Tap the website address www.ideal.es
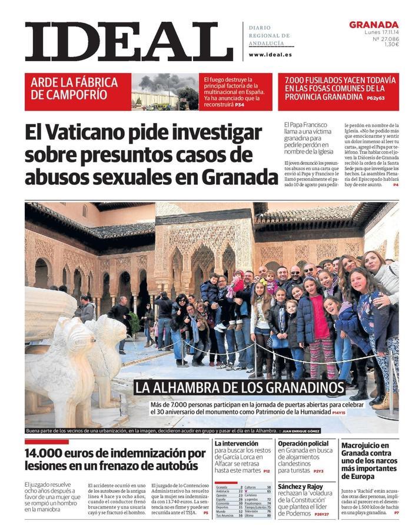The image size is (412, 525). [270, 55]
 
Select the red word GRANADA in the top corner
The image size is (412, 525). [374, 24]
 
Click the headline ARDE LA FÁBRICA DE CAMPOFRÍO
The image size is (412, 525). [74, 88]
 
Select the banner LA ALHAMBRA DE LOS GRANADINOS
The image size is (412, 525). [239, 387]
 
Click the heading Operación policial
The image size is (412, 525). [303, 443]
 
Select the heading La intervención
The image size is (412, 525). [236, 443]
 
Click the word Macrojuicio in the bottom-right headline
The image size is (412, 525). [365, 446]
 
